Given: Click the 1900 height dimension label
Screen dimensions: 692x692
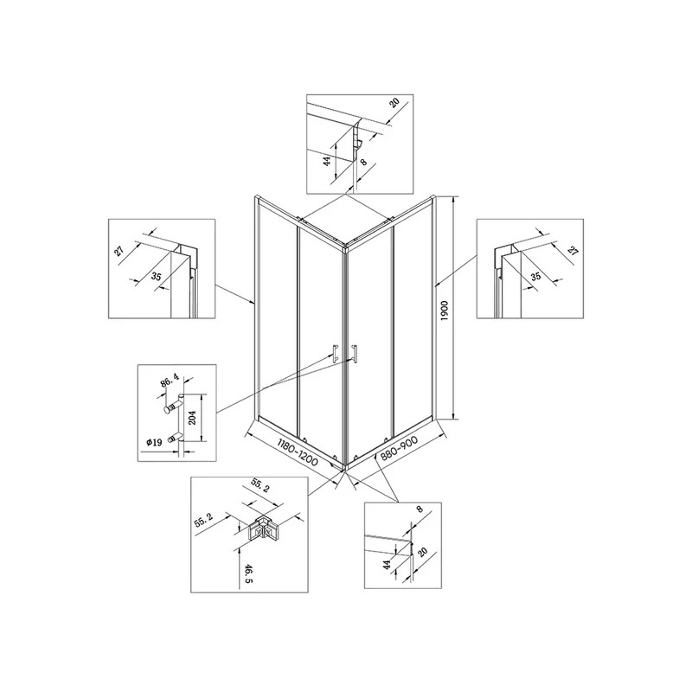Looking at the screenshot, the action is coord(445,311).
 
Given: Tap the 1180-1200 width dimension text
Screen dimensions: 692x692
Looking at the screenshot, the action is coord(298,452).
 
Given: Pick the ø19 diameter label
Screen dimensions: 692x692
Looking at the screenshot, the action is coord(154,442).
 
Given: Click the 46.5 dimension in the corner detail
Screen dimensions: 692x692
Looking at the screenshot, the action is coord(247,573).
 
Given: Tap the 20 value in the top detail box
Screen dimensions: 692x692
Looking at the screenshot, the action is coord(394,103).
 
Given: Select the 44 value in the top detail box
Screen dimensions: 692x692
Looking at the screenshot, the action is coord(327,161).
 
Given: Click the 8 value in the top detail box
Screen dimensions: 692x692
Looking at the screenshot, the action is coord(363,162).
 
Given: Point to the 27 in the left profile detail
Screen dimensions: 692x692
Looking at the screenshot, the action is coord(119,252).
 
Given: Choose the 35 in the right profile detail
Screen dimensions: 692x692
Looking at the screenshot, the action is coord(535,277).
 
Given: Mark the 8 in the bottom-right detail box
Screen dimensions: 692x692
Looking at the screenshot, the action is coord(420,509).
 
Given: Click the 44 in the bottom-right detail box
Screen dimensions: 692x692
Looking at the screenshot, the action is coord(387,565).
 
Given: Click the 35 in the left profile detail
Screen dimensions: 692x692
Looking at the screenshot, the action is coord(157,277).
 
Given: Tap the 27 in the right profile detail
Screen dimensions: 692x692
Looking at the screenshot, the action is coord(573,252).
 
